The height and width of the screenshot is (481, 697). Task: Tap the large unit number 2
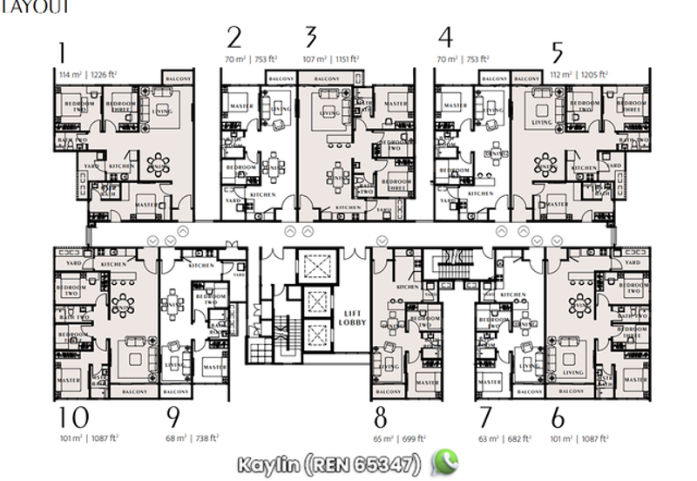(233, 37)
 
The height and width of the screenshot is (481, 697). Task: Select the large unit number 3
(311, 37)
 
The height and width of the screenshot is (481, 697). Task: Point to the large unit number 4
(446, 37)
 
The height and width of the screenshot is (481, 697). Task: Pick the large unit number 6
(558, 417)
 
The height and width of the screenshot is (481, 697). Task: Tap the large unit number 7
(485, 417)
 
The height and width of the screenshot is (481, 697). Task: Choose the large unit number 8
(382, 417)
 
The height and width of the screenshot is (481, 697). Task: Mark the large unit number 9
(173, 417)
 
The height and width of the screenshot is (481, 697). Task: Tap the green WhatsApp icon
(445, 461)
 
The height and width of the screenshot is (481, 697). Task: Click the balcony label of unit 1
(177, 79)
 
